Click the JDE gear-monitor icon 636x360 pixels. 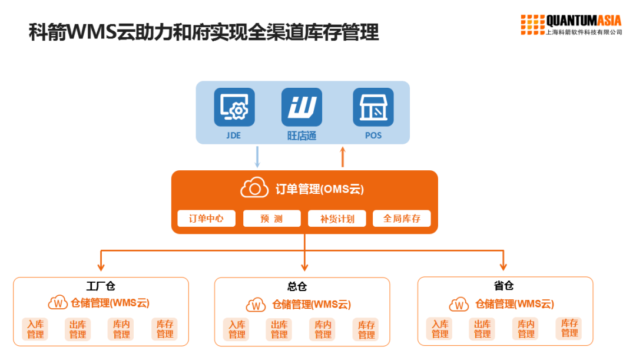(234, 107)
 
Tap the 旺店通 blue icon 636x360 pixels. (302, 107)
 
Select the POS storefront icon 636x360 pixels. (373, 107)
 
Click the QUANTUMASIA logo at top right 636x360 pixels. (571, 25)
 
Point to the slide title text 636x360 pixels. (204, 32)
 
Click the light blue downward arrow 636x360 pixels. (257, 157)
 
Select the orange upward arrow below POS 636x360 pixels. (343, 157)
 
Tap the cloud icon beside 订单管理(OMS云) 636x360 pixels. (254, 189)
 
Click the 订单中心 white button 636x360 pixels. (206, 219)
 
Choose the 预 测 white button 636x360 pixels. (271, 219)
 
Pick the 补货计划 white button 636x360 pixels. (337, 219)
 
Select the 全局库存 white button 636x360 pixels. (402, 219)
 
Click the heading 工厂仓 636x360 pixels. (101, 286)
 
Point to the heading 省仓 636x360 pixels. (503, 286)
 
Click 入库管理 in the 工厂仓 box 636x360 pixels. (35, 329)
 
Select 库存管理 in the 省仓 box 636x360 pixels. (569, 328)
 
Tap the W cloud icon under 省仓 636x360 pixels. (459, 305)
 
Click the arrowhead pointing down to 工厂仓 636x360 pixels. (102, 266)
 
